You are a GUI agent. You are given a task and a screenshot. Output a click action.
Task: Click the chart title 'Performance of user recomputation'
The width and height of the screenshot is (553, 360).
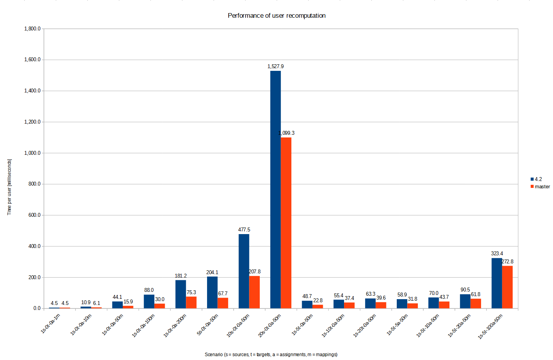click(x=276, y=16)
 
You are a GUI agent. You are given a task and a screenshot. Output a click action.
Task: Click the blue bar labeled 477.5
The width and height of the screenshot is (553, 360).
click(x=244, y=271)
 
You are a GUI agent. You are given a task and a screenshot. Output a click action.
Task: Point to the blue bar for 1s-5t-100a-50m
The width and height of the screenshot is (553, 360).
click(x=496, y=283)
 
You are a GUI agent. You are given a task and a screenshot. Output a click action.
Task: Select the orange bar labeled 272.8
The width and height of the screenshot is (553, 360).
click(x=507, y=287)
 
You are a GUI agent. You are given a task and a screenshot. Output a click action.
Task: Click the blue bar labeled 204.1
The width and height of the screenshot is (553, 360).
click(x=212, y=292)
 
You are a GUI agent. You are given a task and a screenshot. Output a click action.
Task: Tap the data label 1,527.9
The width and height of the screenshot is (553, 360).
click(x=276, y=67)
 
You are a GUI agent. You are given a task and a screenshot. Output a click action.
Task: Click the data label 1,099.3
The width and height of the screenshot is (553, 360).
click(x=287, y=133)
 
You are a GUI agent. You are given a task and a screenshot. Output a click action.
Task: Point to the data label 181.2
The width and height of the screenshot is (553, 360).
click(x=180, y=276)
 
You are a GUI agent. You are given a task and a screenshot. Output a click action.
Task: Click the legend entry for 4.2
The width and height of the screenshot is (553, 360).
click(x=538, y=179)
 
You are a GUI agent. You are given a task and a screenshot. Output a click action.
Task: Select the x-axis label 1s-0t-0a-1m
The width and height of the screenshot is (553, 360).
click(x=50, y=323)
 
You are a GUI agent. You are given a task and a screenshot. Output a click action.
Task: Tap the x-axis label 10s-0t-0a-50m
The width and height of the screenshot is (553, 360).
click(x=238, y=326)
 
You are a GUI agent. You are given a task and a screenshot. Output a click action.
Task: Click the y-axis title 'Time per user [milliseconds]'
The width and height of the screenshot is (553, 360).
click(x=9, y=187)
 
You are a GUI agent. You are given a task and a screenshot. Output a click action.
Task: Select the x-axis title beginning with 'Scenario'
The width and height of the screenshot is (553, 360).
click(x=271, y=355)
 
